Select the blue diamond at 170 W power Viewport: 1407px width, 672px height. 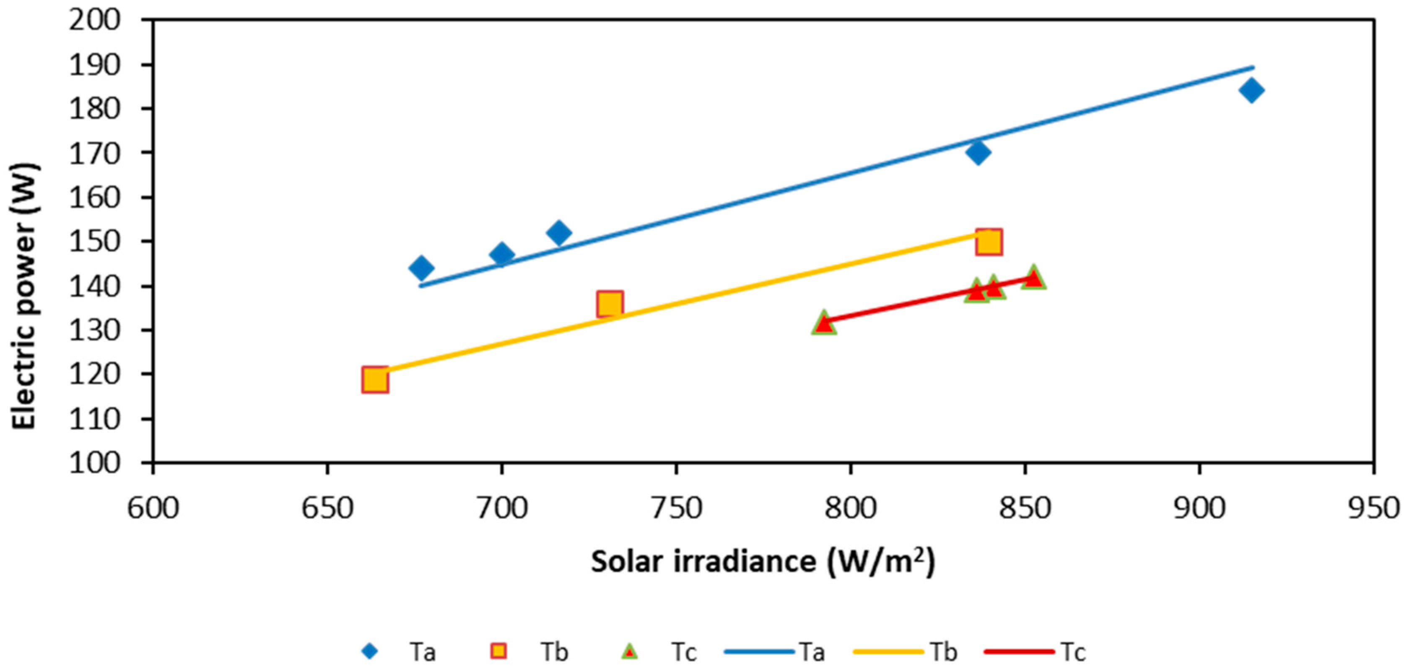coord(978,152)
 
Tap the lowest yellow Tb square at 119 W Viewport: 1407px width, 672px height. coord(375,380)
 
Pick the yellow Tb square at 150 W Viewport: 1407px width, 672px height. coord(989,242)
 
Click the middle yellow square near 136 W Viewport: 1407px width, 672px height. coord(610,303)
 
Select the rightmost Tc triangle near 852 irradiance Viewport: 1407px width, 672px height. coord(1033,278)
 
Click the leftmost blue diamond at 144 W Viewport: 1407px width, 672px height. coord(421,268)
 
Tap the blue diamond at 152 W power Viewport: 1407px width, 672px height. coord(558,233)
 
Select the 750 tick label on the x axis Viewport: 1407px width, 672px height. coord(676,508)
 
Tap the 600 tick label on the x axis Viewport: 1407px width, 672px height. coord(153,508)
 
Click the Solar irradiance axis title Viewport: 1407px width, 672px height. coord(763,562)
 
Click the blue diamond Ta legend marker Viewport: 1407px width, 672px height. coord(371,652)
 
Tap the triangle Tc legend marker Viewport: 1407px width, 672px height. coord(630,652)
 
